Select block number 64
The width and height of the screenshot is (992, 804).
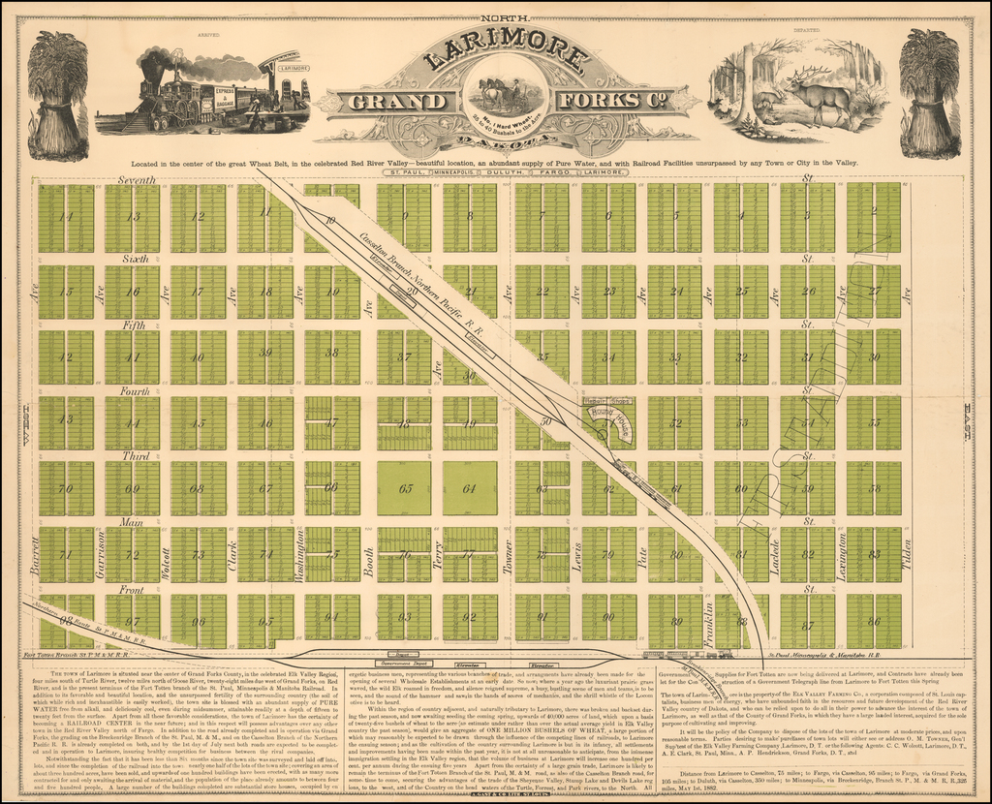tap(470, 488)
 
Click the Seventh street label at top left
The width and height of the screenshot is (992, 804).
tap(137, 180)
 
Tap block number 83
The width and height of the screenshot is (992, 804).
tap(874, 555)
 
